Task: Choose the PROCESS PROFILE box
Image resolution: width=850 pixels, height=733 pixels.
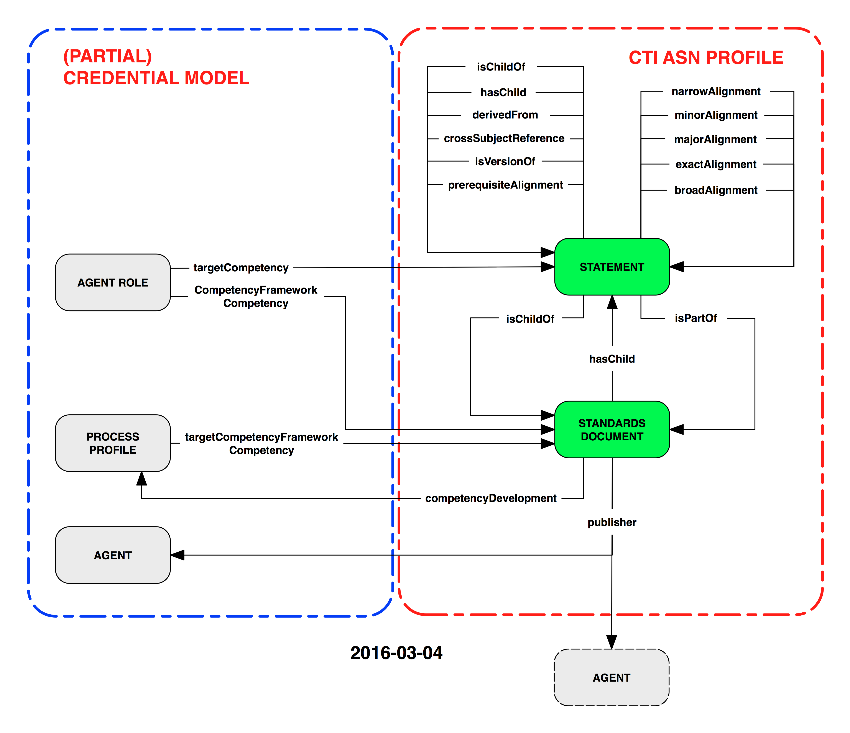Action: coord(113,443)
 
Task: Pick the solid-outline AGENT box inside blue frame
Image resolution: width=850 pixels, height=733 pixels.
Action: coord(113,555)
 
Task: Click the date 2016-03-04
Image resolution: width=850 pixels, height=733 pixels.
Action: coord(396,653)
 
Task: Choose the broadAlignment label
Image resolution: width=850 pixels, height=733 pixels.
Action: coord(716,190)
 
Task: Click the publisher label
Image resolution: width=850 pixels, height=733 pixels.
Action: coord(612,522)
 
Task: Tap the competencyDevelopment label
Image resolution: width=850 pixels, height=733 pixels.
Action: coord(491,498)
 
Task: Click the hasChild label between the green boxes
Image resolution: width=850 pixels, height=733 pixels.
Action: coord(612,359)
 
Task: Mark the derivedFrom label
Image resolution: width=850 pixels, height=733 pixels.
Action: coord(505,115)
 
